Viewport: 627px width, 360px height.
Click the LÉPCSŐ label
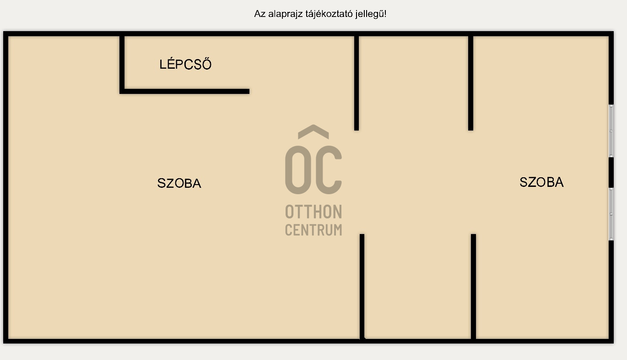[185, 65]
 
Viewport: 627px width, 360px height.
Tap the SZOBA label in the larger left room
[179, 183]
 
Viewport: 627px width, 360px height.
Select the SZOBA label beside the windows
[541, 182]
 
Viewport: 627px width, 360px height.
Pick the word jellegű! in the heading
[370, 14]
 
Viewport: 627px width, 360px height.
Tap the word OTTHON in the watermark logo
[313, 212]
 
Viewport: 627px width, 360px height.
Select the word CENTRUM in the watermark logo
[313, 229]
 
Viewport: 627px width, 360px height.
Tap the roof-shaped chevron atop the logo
[313, 131]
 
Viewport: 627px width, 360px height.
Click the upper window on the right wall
[611, 131]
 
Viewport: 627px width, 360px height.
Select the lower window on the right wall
[611, 214]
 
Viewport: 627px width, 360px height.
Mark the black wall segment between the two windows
[611, 172]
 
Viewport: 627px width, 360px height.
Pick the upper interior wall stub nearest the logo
[357, 82]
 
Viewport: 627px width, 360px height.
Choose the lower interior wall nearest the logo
[362, 286]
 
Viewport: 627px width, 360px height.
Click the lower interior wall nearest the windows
[474, 286]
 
